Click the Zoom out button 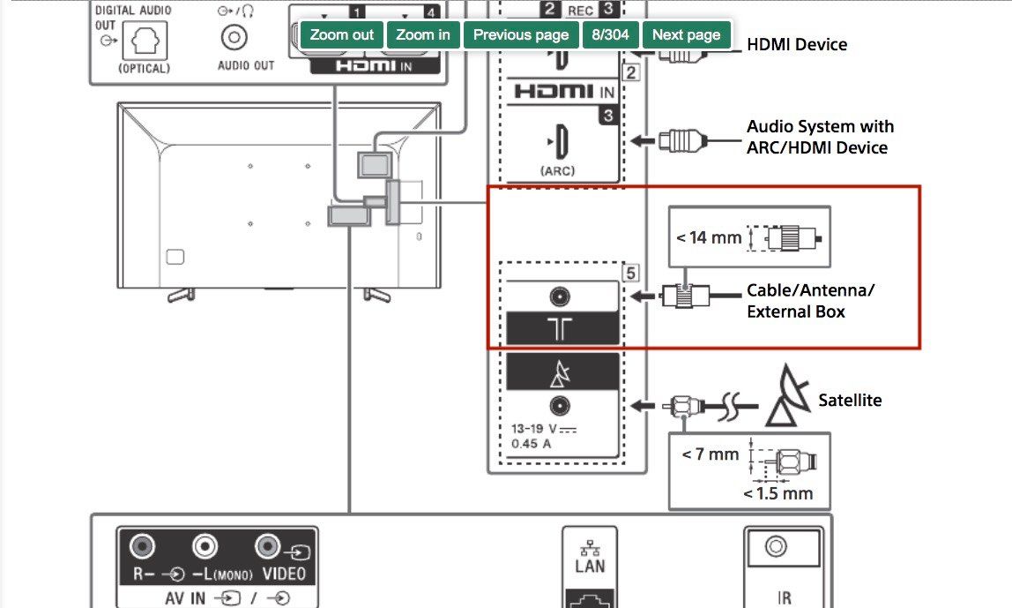tap(342, 35)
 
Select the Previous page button tap(521, 35)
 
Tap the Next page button tap(686, 35)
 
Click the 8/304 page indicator tap(610, 35)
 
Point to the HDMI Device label tap(796, 44)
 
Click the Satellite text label tap(850, 400)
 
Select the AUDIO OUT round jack tap(234, 38)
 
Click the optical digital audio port tap(144, 40)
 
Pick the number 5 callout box tap(629, 273)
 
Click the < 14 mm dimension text tap(709, 237)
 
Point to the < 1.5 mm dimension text tap(778, 493)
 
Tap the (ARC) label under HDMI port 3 tap(557, 170)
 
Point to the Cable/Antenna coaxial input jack tap(559, 297)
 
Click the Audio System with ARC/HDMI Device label tap(820, 137)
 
